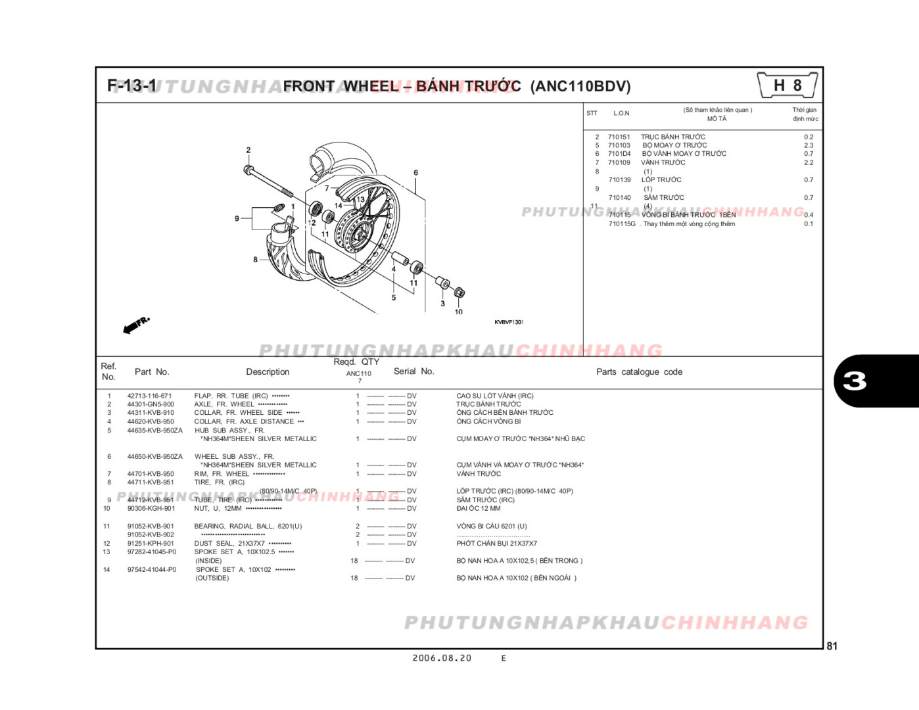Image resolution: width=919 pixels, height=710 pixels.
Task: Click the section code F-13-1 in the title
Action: pos(132,86)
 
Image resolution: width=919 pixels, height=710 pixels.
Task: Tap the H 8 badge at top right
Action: pos(787,85)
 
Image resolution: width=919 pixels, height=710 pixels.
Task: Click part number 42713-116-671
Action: pos(149,396)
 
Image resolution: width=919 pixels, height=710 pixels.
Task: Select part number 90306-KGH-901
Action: pos(151,508)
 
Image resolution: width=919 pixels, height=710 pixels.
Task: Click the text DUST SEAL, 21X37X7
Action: pos(229,544)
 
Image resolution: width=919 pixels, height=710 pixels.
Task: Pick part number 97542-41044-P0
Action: pos(152,569)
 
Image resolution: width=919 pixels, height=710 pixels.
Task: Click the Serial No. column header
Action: pos(413,371)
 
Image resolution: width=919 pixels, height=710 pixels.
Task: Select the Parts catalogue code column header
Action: pos(639,372)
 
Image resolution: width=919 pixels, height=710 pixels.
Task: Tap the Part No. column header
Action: pos(152,372)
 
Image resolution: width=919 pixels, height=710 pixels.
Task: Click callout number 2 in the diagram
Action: pos(248,150)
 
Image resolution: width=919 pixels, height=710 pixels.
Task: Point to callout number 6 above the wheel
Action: pos(415,173)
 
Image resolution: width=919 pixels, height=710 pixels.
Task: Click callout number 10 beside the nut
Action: pos(458,312)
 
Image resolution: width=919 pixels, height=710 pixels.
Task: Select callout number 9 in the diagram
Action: pos(237,218)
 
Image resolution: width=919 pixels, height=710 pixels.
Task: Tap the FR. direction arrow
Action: pos(137,325)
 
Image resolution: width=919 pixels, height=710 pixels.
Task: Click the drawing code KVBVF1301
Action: pos(509,322)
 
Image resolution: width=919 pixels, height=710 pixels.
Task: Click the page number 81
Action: pos(832,646)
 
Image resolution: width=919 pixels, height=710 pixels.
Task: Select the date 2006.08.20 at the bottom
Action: pos(442,658)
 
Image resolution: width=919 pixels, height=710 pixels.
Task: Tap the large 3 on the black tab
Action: pos(855,381)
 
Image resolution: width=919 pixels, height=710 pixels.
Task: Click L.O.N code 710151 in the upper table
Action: pos(619,137)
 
